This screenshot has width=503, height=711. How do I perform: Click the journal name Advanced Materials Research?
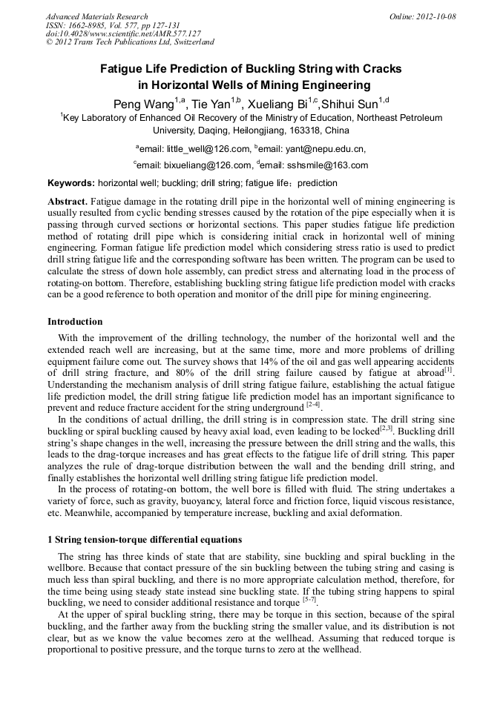(x=96, y=16)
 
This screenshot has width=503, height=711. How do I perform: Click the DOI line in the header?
(x=123, y=34)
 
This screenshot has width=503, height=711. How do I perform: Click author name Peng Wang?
(x=142, y=103)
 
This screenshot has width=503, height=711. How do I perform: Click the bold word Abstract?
(x=68, y=202)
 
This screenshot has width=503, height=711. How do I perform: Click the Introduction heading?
(x=75, y=322)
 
